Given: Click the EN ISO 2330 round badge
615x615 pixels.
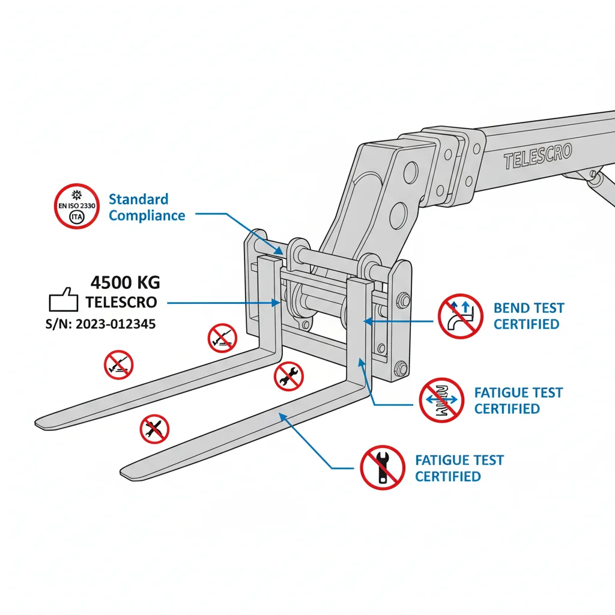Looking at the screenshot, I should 76,206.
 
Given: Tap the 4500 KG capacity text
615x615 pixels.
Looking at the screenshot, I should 125,282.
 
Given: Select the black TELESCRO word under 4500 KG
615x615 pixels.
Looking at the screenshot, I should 121,302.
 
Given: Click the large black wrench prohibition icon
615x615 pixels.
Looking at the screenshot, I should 382,467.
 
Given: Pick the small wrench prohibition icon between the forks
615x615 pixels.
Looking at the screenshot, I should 289,377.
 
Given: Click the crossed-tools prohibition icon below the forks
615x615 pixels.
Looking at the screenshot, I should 154,429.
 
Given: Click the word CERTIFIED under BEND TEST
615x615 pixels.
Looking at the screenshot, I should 527,324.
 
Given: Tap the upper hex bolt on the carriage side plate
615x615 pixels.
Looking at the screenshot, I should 402,299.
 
